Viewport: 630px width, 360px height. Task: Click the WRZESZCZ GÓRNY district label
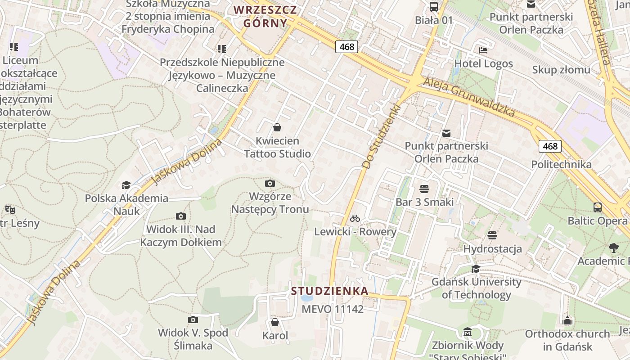click(265, 16)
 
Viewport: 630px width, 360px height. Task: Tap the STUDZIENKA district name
click(329, 291)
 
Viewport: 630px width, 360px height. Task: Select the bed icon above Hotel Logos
click(483, 50)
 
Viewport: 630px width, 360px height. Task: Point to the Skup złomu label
click(561, 70)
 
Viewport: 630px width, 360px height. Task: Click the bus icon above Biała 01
click(434, 6)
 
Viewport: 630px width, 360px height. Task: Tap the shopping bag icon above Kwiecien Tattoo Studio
click(277, 127)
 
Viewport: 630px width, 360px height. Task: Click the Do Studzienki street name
click(381, 137)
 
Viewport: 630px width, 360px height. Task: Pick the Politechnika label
click(561, 164)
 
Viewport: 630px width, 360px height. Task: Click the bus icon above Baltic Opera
click(598, 207)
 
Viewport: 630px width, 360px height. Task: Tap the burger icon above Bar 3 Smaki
click(424, 189)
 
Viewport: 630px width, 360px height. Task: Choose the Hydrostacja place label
click(492, 249)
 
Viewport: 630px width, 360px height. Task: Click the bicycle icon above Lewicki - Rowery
click(355, 219)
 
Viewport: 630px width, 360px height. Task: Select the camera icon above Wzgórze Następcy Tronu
click(270, 183)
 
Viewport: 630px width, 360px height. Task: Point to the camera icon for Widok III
click(181, 216)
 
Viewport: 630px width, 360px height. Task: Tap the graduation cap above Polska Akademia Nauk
click(126, 185)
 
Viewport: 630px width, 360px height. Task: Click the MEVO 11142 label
click(332, 309)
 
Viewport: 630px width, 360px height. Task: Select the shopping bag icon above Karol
click(275, 322)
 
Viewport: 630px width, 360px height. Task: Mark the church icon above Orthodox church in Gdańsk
click(567, 320)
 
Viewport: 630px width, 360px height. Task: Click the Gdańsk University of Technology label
click(476, 288)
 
